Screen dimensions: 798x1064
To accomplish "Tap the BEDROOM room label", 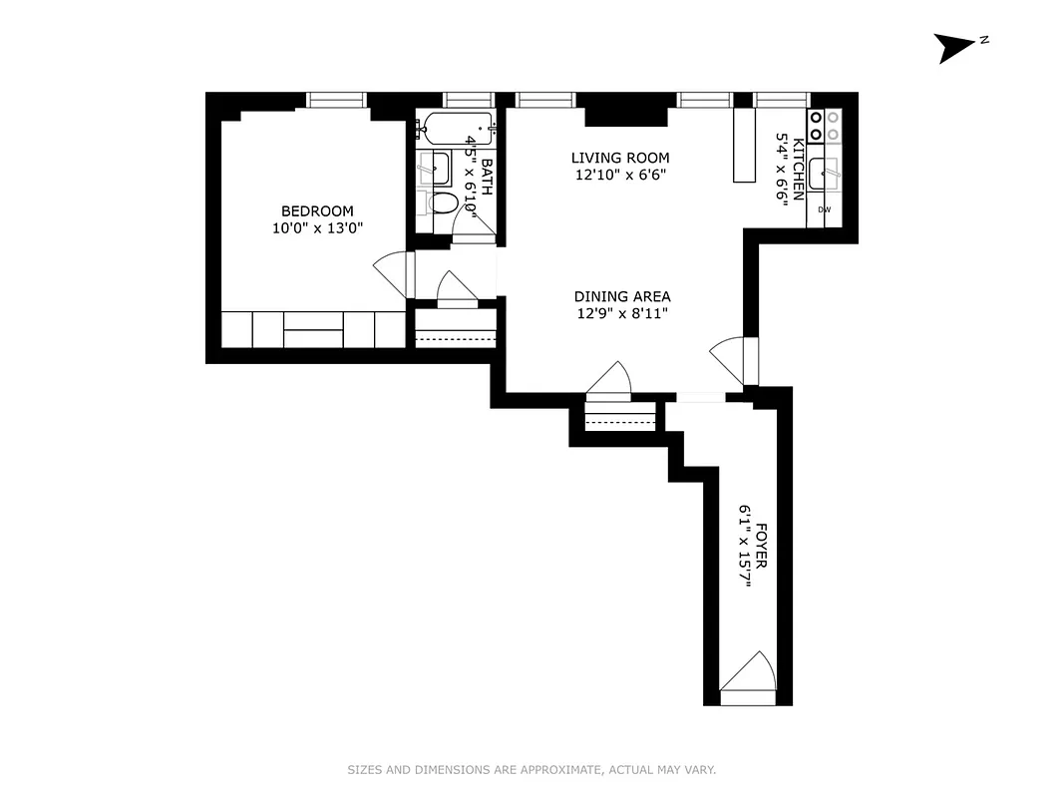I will coord(317,210).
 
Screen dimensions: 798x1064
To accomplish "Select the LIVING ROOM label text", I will coord(619,158).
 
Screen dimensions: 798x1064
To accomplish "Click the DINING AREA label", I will coord(621,296).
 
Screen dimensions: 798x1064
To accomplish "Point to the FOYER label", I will coord(762,546).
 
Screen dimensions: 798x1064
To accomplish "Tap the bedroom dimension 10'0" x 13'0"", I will coord(317,228).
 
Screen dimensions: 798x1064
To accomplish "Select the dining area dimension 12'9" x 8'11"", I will coord(621,313).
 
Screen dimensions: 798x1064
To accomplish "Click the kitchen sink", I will coord(827,173).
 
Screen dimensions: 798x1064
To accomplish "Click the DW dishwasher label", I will coord(825,209).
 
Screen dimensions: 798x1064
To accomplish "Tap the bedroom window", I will coord(337,99).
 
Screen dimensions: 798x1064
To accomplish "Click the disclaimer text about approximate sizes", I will coord(532,770).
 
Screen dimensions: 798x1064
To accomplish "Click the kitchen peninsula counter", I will coord(745,145).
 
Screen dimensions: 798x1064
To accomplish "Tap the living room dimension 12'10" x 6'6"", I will coord(619,175).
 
